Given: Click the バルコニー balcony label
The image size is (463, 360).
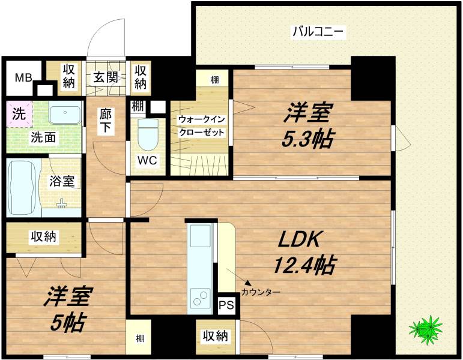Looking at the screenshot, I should [318, 32].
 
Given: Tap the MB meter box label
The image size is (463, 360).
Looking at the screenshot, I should [23, 77].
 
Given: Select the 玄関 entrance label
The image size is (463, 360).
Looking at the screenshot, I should [108, 77].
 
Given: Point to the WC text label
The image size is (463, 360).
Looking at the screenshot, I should [147, 161].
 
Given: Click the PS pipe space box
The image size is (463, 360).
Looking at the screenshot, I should [226, 305].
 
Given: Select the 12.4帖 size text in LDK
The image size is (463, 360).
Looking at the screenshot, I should [304, 264].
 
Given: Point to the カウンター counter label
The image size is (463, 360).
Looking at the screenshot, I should [261, 293].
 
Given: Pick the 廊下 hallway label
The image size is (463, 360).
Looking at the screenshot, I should [106, 122].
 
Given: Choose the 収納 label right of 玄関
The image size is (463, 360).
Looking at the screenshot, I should [140, 77].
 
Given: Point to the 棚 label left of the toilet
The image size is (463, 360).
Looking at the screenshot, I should [137, 107].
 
